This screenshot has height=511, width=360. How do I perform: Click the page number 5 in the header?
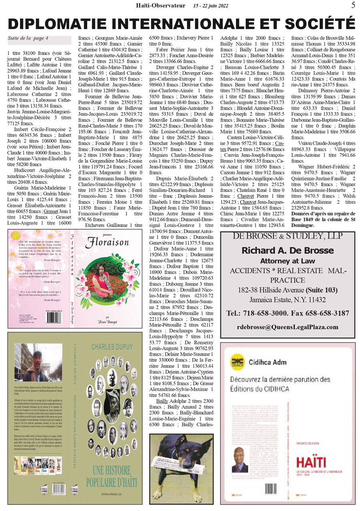coord(353,5)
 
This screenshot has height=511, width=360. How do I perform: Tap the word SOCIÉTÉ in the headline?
coord(322,23)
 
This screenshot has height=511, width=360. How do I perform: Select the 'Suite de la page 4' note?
coord(28,38)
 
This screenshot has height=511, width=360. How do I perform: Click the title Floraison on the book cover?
coord(108,242)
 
